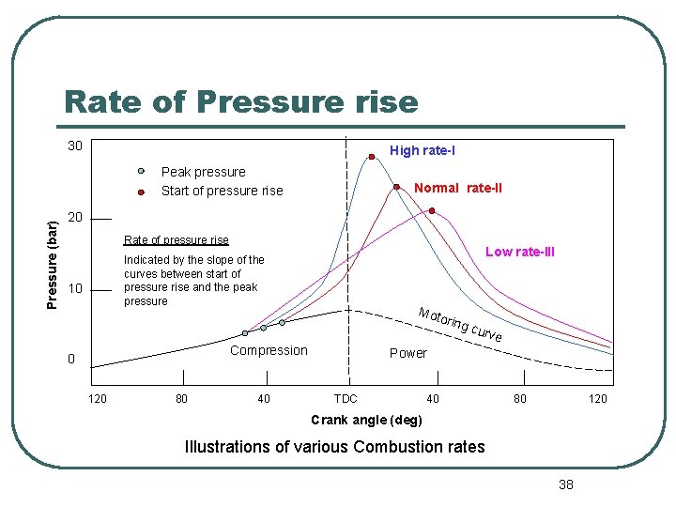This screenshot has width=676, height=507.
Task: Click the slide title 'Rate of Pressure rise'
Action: (240, 100)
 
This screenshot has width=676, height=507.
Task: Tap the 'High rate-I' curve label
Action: (422, 150)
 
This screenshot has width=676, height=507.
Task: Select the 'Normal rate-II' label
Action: (458, 188)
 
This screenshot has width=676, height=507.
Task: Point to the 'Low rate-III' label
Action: (519, 252)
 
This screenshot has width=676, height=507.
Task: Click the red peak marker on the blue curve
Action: (372, 158)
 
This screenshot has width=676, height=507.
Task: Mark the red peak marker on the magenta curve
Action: (432, 210)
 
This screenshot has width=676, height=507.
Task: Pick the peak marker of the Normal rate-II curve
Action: (397, 186)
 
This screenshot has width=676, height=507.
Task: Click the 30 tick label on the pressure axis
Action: (75, 146)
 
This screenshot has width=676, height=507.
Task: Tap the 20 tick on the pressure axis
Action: (75, 218)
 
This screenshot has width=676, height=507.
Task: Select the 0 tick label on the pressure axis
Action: (71, 360)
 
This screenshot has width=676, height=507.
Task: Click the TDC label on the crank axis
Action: (346, 399)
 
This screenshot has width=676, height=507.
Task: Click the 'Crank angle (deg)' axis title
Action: (366, 419)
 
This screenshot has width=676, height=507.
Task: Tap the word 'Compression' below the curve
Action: (269, 350)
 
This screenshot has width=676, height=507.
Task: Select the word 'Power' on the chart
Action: (407, 353)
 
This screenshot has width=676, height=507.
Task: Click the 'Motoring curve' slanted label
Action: (460, 324)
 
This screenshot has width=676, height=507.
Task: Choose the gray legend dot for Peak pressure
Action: (141, 172)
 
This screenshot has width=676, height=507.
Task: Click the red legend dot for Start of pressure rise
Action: (141, 192)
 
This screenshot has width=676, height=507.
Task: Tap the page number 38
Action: (565, 484)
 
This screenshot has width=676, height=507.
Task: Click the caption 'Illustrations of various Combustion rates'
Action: (335, 447)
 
